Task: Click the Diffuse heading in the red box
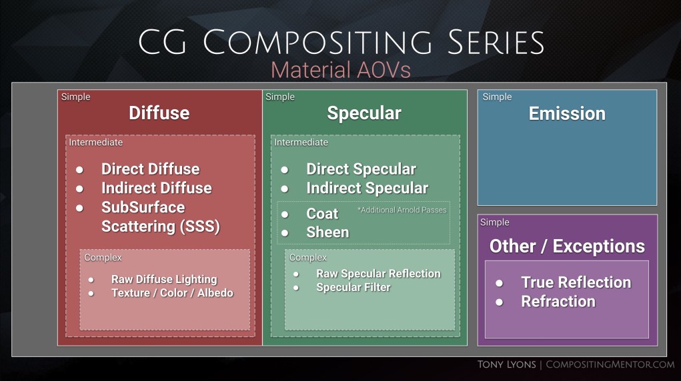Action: click(159, 113)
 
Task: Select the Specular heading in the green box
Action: click(364, 113)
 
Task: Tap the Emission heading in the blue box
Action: click(567, 113)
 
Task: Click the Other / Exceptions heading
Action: click(567, 246)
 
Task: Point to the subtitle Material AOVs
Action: click(340, 69)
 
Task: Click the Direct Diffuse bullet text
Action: click(150, 169)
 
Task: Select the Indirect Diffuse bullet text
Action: click(156, 189)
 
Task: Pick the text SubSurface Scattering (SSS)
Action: click(160, 217)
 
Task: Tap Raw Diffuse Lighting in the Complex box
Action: click(163, 280)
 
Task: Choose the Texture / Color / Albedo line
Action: click(172, 293)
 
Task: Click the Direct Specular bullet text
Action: click(361, 169)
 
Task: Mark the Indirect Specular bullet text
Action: click(367, 189)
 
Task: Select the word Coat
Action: click(322, 214)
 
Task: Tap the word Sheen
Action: click(327, 232)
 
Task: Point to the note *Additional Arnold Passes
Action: click(402, 210)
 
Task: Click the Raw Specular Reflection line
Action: click(378, 274)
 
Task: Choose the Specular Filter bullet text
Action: click(354, 288)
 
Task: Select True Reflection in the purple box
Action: click(576, 282)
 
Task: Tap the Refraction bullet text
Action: click(558, 302)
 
